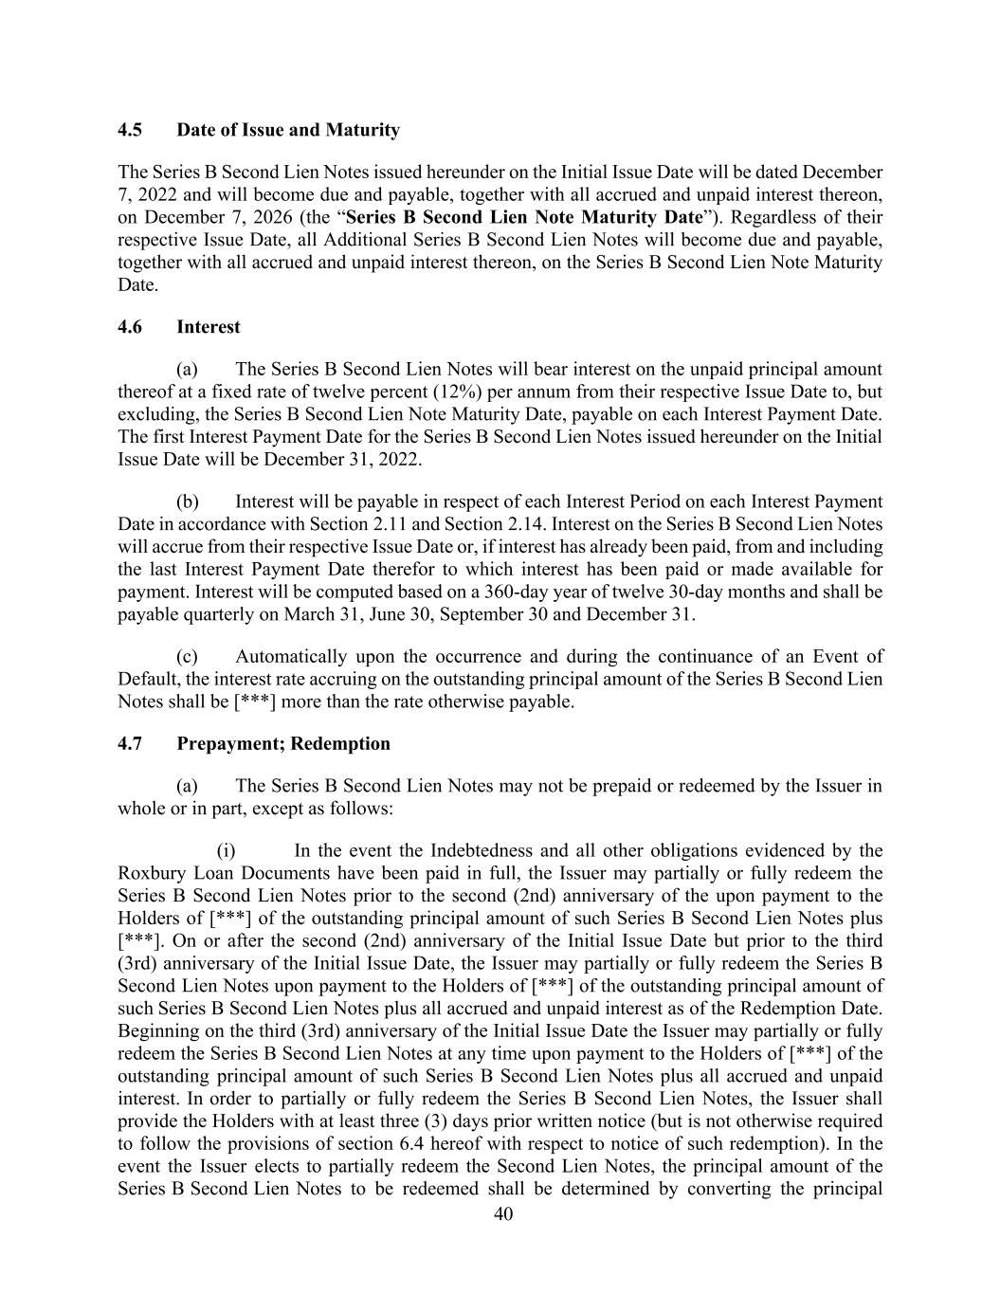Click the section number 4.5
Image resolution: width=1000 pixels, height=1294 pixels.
(x=130, y=130)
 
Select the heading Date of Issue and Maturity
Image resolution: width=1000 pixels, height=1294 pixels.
(x=288, y=130)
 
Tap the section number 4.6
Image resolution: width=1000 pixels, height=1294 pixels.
(x=130, y=327)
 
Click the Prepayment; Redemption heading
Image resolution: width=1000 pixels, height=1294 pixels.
(x=283, y=743)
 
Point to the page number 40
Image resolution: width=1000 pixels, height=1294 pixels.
(x=503, y=1214)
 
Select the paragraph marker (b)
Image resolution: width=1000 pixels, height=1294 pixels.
(x=188, y=501)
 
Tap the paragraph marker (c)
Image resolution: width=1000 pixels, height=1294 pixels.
(x=188, y=657)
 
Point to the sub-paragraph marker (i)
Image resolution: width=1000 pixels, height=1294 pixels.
(x=227, y=850)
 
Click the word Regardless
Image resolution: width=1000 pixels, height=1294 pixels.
(x=764, y=217)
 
